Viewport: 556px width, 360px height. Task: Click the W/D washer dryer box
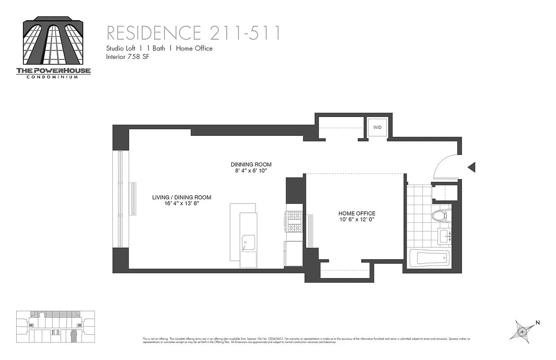point(377,127)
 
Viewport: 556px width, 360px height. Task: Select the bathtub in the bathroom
point(432,258)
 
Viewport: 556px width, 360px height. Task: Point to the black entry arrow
point(471,167)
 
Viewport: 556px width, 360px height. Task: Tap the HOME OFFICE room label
point(357,213)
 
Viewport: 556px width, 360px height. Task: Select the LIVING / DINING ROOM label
point(182,197)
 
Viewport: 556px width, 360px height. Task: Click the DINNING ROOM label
point(251,165)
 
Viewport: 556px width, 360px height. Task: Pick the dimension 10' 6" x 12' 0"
point(357,220)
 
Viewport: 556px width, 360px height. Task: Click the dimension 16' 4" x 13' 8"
point(182,203)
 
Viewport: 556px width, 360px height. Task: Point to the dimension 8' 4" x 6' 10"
point(251,171)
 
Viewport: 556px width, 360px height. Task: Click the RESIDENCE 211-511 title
point(193,33)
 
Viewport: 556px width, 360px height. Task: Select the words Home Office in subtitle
point(194,48)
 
